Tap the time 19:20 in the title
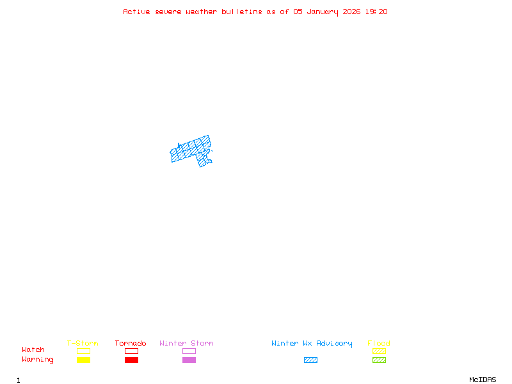376,12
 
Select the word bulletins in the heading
242,12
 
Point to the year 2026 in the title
351,12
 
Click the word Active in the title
136,12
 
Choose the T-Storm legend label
83,344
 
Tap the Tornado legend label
131,344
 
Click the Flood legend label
379,344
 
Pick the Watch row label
33,350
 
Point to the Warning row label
38,360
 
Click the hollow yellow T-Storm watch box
83,351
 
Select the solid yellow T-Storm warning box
83,360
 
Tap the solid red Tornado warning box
131,360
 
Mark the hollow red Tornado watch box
131,351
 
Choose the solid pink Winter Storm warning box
189,360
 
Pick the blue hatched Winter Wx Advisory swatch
310,360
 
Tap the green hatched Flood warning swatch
379,360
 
